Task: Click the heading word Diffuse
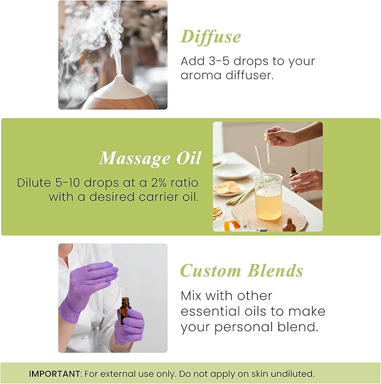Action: (x=210, y=37)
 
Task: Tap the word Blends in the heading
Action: (x=275, y=271)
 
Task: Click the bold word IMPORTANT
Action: (x=53, y=373)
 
